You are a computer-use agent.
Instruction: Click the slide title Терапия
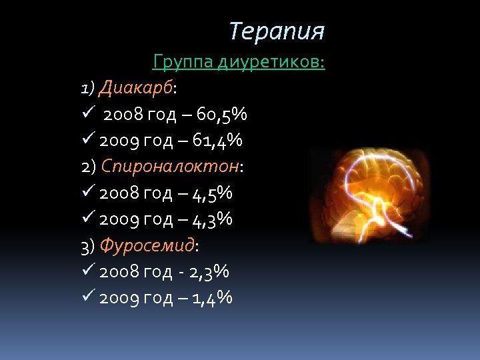pyautogui.click(x=277, y=31)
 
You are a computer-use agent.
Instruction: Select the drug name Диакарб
pyautogui.click(x=136, y=88)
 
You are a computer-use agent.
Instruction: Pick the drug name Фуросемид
pyautogui.click(x=147, y=245)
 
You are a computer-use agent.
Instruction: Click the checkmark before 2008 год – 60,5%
pyautogui.click(x=88, y=115)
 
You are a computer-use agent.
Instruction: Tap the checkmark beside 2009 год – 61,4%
pyautogui.click(x=88, y=141)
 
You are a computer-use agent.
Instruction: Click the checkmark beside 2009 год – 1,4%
pyautogui.click(x=88, y=298)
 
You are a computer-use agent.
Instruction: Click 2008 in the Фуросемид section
pyautogui.click(x=118, y=272)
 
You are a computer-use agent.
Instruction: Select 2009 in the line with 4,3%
pyautogui.click(x=118, y=219)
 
